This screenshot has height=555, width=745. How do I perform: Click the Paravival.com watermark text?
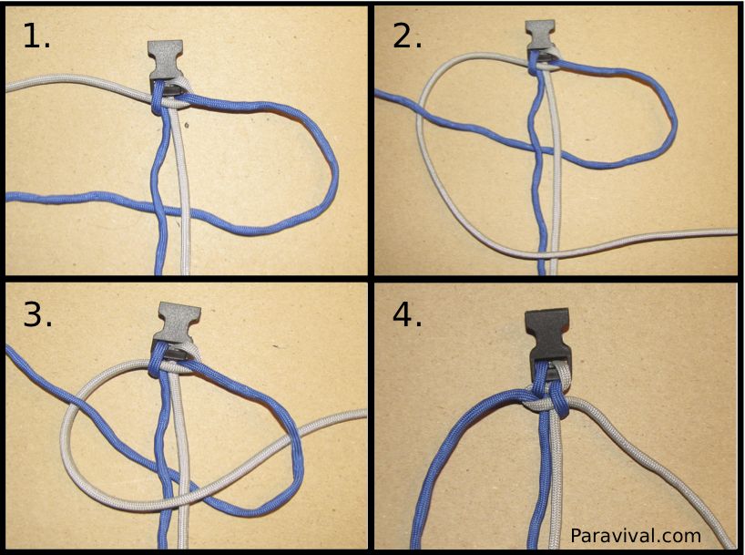coord(636,536)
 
